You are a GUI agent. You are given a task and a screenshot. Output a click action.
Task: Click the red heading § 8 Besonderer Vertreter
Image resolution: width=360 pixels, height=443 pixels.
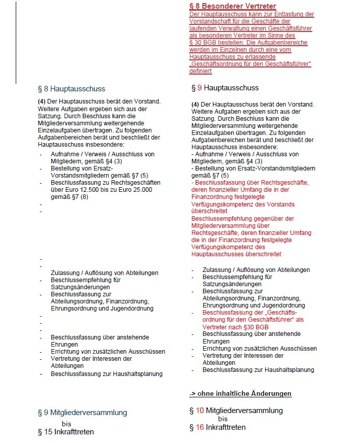click(x=233, y=6)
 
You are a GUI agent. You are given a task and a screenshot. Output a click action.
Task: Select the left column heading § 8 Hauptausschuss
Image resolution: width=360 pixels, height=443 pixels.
click(x=71, y=89)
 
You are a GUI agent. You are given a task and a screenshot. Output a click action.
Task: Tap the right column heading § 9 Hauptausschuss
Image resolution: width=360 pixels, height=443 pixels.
click(x=225, y=88)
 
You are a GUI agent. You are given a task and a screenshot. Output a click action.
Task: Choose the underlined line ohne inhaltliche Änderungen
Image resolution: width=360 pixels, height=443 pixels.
click(x=240, y=394)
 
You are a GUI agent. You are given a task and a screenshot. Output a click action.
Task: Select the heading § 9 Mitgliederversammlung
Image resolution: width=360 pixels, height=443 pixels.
click(x=82, y=413)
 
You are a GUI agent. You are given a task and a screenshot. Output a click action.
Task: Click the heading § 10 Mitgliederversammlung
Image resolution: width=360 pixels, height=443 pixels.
click(x=236, y=411)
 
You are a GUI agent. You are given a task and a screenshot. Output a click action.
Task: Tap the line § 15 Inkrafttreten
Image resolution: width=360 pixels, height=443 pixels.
click(x=66, y=432)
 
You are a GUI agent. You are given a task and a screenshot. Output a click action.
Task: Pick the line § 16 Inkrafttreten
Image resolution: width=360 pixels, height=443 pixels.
click(x=218, y=427)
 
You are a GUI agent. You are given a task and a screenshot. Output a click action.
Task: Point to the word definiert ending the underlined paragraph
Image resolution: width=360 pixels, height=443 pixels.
click(x=200, y=71)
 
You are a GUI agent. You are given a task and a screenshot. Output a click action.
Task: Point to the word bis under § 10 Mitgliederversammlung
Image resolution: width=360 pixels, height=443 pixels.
click(x=223, y=419)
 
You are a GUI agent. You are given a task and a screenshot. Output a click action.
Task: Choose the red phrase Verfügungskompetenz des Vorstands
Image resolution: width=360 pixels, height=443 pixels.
click(x=243, y=205)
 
